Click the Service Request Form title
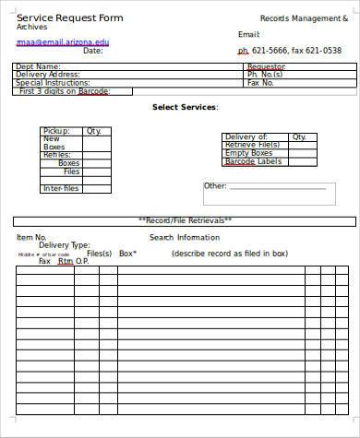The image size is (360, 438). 70,18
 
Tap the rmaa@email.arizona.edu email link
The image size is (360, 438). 62,41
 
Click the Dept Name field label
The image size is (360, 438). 39,66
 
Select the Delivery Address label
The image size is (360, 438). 48,75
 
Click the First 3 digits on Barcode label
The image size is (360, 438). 65,91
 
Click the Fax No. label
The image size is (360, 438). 261,83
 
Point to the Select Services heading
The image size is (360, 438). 185,108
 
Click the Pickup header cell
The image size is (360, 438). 56,131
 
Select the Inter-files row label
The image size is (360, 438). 61,189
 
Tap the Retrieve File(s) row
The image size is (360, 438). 252,145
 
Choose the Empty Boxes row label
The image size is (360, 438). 249,153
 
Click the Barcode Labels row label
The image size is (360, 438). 252,161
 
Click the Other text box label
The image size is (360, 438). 215,186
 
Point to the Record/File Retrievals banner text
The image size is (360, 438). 185,220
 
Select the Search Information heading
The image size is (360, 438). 185,237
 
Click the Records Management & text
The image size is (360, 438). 292,18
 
